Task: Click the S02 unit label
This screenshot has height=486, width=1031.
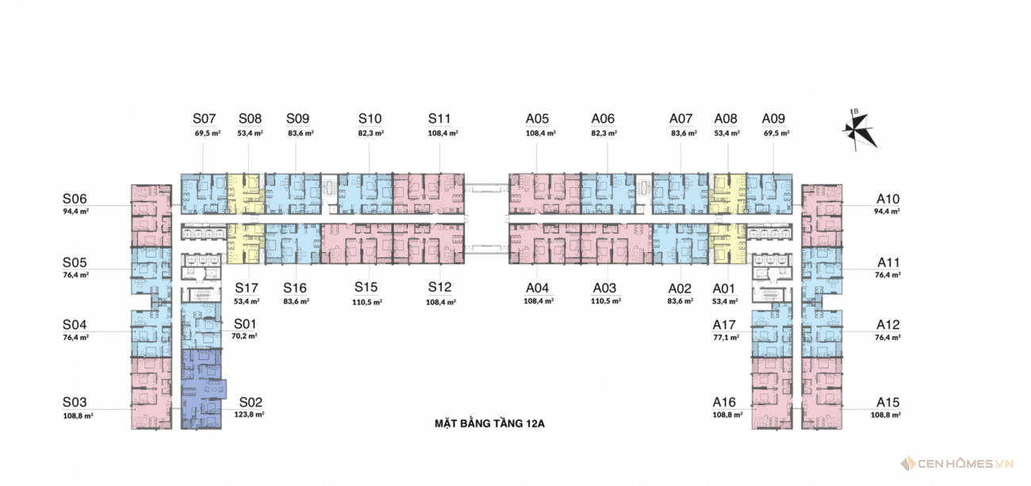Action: (251, 402)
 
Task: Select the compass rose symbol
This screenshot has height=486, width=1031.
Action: (858, 128)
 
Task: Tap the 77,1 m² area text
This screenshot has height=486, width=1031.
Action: (726, 337)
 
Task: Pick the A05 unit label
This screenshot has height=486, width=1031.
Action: (538, 119)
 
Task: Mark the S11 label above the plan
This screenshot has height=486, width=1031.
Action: (440, 119)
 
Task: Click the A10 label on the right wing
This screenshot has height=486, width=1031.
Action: (888, 199)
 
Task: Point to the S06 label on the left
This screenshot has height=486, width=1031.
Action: (75, 199)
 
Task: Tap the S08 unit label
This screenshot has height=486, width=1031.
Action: (250, 119)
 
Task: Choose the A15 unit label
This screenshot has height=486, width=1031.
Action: (888, 402)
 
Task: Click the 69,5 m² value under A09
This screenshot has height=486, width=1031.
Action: (776, 133)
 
